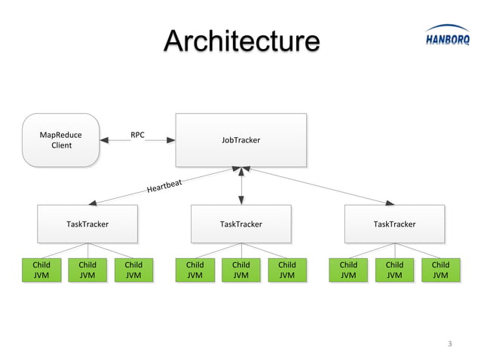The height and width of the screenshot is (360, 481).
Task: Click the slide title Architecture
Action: pyautogui.click(x=241, y=41)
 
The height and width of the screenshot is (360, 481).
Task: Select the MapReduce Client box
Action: pyautogui.click(x=61, y=140)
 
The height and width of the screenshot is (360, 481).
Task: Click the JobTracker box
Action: pyautogui.click(x=240, y=140)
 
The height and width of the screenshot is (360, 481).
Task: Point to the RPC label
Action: pyautogui.click(x=137, y=136)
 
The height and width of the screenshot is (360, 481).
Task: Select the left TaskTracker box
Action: pyautogui.click(x=87, y=224)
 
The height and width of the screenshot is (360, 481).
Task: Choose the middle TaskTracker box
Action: pyautogui.click(x=240, y=224)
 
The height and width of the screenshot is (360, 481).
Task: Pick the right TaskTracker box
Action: pyautogui.click(x=394, y=224)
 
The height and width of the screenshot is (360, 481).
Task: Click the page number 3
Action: pyautogui.click(x=450, y=344)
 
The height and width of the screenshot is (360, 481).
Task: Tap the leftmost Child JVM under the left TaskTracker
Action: pyautogui.click(x=41, y=270)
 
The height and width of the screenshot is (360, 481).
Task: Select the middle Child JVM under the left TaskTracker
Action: pyautogui.click(x=87, y=270)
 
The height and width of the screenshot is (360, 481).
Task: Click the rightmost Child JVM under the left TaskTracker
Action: pyautogui.click(x=133, y=270)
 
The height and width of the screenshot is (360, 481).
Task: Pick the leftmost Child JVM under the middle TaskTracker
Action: pyautogui.click(x=195, y=270)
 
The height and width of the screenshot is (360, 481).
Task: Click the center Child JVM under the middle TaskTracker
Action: pyautogui.click(x=240, y=270)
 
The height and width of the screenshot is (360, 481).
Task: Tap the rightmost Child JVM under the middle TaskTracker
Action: pyautogui.click(x=287, y=270)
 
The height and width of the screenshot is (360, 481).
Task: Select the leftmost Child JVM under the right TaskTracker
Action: pyautogui.click(x=348, y=270)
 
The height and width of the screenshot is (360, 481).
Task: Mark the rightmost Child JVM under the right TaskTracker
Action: pyautogui.click(x=440, y=270)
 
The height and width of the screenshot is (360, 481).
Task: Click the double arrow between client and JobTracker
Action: pyautogui.click(x=137, y=141)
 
